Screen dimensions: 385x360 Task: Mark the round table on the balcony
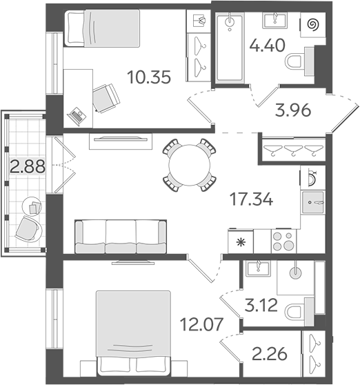click(x=32, y=206)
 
